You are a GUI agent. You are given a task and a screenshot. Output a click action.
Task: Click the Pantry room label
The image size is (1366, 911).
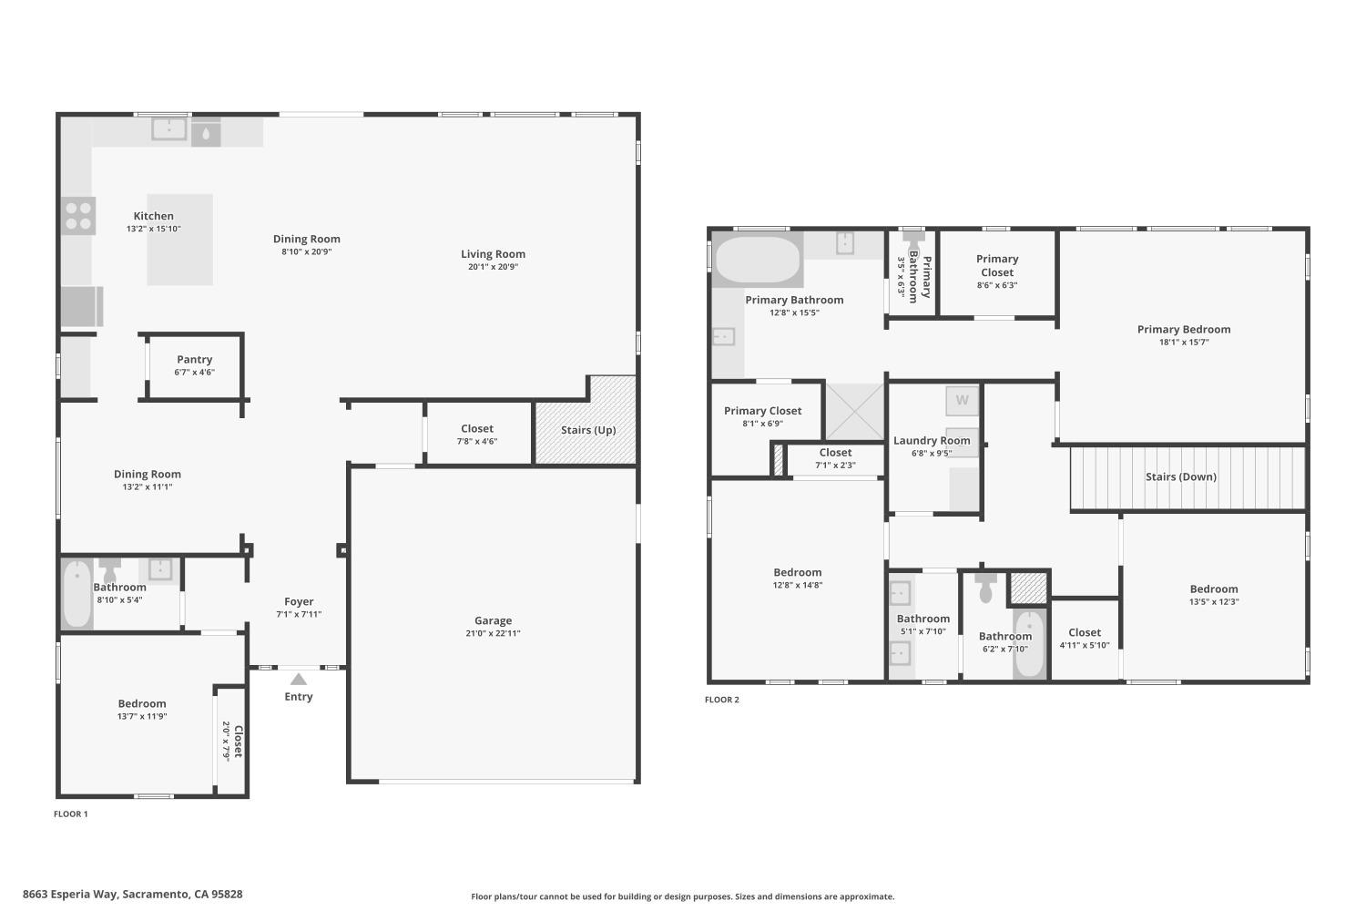(194, 360)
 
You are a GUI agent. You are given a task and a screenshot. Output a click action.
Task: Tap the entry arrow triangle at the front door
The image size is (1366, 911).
(299, 679)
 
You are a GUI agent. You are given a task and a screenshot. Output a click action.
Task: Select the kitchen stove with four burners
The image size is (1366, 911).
(78, 216)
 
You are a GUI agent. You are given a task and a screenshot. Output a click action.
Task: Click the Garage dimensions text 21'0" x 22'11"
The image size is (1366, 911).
(493, 633)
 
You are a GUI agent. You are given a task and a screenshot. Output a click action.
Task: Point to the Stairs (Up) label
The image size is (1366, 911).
(587, 430)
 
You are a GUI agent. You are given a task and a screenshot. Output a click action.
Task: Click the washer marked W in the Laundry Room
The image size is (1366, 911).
(962, 400)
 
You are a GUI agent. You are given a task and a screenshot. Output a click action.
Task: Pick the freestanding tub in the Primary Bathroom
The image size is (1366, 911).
(758, 261)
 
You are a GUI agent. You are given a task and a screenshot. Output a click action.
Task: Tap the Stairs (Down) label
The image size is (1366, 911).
(1180, 476)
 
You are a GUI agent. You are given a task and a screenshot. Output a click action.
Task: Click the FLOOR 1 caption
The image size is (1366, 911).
(71, 814)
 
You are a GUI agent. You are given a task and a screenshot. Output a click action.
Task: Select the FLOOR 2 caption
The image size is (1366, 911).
(722, 700)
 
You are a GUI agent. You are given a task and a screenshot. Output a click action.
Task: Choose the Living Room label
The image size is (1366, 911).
(493, 254)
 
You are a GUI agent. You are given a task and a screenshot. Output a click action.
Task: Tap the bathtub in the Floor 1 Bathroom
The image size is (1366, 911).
(77, 594)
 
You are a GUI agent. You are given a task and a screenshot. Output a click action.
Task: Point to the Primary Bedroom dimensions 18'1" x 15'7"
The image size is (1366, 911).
(1183, 343)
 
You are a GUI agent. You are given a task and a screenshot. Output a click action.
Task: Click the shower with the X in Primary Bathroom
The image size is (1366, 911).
(854, 412)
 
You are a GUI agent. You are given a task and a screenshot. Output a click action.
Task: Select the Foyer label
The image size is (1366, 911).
(299, 601)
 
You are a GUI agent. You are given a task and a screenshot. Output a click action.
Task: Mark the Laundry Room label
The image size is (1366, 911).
(931, 440)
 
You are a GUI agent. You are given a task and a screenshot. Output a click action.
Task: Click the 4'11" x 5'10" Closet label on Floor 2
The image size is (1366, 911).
(1084, 632)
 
